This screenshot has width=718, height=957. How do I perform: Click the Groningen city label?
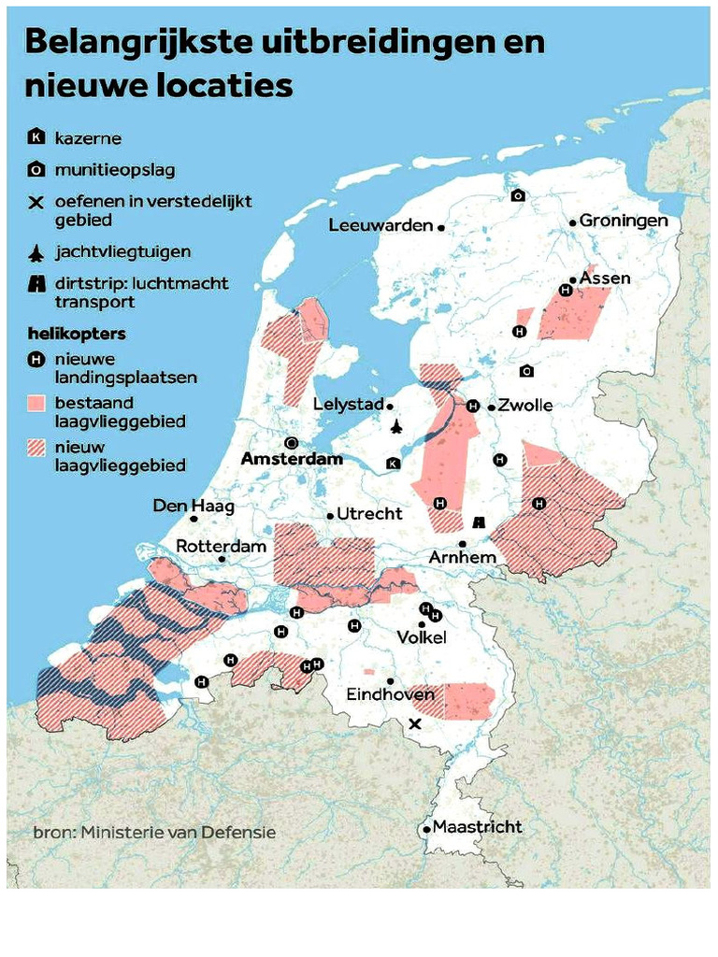click(x=624, y=221)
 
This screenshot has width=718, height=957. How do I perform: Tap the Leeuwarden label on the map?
click(x=381, y=225)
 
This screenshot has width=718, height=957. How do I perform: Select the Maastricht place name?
click(x=478, y=827)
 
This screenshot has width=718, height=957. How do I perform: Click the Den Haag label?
click(x=194, y=506)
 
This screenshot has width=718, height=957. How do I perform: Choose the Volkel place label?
click(x=422, y=637)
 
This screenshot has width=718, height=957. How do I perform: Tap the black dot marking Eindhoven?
click(x=390, y=681)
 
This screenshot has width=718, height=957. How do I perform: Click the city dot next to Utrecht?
click(x=330, y=515)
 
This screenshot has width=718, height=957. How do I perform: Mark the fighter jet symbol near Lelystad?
click(x=396, y=427)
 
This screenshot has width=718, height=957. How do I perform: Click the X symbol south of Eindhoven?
click(x=416, y=724)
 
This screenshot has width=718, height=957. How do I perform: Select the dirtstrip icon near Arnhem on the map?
click(x=480, y=522)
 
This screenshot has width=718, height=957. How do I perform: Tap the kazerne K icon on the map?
click(x=393, y=464)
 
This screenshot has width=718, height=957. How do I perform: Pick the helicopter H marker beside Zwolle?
click(x=473, y=406)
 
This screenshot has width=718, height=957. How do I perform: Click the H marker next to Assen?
click(x=565, y=291)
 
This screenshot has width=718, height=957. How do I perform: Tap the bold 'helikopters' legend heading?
click(x=77, y=334)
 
